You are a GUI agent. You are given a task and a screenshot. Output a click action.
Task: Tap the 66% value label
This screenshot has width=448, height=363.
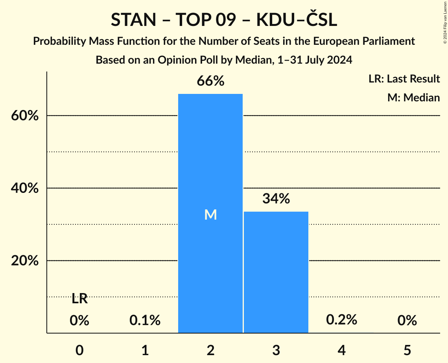pyautogui.click(x=210, y=81)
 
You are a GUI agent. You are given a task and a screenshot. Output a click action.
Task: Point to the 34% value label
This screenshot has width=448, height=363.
pyautogui.click(x=276, y=199)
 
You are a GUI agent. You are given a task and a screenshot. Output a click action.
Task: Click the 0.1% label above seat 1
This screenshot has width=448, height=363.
pyautogui.click(x=145, y=321)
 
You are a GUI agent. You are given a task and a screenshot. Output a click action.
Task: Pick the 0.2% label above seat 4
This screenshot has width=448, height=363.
pyautogui.click(x=341, y=320)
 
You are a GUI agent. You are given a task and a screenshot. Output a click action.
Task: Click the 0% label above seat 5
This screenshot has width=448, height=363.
pyautogui.click(x=407, y=321)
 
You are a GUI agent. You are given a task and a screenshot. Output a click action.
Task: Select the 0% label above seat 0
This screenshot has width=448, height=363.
pyautogui.click(x=79, y=321)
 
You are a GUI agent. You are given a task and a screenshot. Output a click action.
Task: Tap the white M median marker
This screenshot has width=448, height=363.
pyautogui.click(x=210, y=214)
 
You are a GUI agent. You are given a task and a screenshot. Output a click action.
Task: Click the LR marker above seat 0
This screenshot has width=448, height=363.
pyautogui.click(x=79, y=299)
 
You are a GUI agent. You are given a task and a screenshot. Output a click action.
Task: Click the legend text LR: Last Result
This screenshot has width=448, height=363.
pyautogui.click(x=404, y=79)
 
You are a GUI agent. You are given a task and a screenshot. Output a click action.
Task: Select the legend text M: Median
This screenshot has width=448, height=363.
pyautogui.click(x=413, y=97)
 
